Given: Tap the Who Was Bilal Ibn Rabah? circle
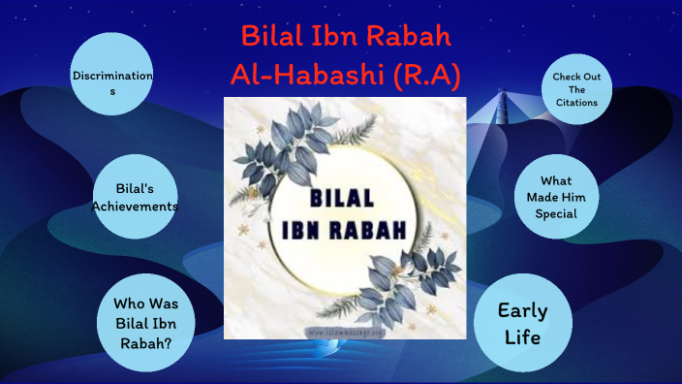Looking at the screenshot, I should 146,320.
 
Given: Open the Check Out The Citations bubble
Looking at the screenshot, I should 575,89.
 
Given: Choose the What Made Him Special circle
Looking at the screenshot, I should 556,197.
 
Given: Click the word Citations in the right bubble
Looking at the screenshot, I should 575,102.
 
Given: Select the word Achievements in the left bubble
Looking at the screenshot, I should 136,207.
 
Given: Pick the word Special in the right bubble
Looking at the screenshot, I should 556,213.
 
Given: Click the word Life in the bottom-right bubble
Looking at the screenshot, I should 522,338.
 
